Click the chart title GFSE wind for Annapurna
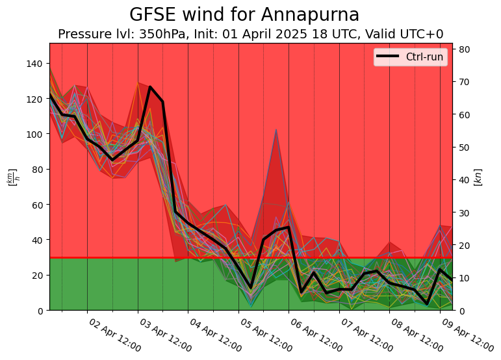pyautogui.click(x=244, y=15)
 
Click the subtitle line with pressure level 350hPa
pyautogui.click(x=251, y=34)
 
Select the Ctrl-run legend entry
pyautogui.click(x=424, y=57)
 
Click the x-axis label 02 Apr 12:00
pyautogui.click(x=114, y=335)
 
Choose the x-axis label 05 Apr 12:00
pyautogui.click(x=266, y=335)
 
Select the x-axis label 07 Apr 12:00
pyautogui.click(x=366, y=335)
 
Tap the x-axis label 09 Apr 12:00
pyautogui.click(x=467, y=335)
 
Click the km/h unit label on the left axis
pyautogui.click(x=12, y=177)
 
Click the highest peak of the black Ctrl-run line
pyautogui.click(x=150, y=87)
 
